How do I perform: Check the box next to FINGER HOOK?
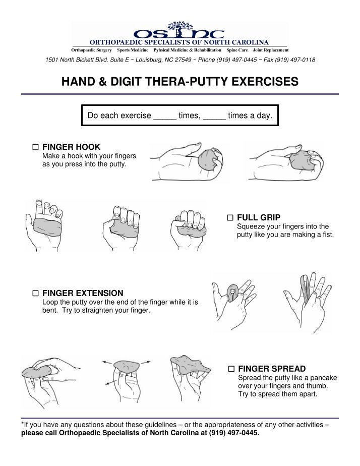point(35,147)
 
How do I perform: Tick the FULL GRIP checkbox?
point(230,217)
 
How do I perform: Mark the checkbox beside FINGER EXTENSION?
point(35,294)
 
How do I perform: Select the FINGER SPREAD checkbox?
point(231,369)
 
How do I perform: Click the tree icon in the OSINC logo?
point(180,29)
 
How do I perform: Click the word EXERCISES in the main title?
point(265,81)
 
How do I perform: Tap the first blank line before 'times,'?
point(165,119)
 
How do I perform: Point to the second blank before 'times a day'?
point(214,119)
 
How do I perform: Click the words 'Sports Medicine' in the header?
point(133,50)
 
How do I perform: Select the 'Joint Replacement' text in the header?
point(271,50)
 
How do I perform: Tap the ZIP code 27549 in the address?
point(183,60)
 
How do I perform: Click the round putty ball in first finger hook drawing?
point(207,159)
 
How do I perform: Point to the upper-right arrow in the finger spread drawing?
point(145,362)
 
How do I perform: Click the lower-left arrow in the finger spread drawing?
point(111,382)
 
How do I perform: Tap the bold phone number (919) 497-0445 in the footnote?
point(234,433)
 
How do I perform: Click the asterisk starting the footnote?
point(22,423)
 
